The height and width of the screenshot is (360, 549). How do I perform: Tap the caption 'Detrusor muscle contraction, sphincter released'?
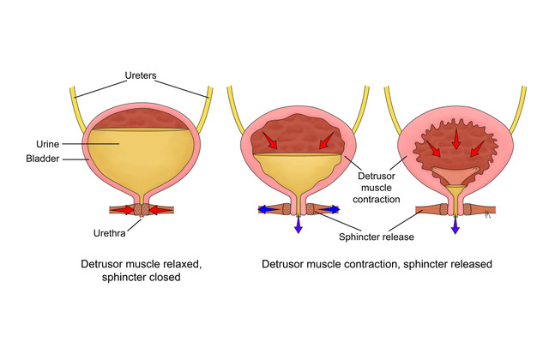click(x=377, y=265)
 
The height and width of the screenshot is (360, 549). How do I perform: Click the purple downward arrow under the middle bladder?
click(x=299, y=225)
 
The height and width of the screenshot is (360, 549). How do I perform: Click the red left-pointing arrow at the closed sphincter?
click(x=160, y=210)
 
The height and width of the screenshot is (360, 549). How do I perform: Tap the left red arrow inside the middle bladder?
click(x=273, y=139)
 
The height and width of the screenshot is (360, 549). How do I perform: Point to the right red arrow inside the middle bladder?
click(x=326, y=139)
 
